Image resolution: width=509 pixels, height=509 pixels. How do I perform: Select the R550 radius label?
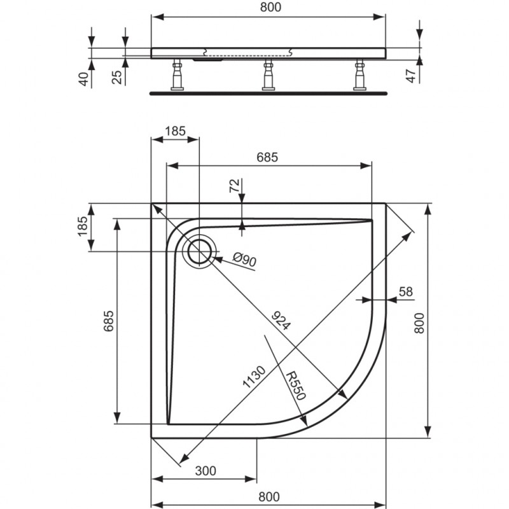pyautogui.click(x=296, y=386)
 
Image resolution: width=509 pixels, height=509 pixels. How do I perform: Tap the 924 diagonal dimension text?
pyautogui.click(x=281, y=321)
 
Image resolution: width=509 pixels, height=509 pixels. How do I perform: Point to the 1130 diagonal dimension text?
pyautogui.click(x=254, y=377)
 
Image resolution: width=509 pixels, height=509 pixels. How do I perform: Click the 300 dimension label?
pyautogui.click(x=206, y=470)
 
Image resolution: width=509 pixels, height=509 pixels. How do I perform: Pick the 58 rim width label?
pyautogui.click(x=406, y=291)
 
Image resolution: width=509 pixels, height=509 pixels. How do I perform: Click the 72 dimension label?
pyautogui.click(x=234, y=185)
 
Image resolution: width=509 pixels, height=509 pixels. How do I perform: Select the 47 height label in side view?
pyautogui.click(x=411, y=76)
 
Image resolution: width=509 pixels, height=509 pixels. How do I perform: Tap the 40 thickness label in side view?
pyautogui.click(x=84, y=79)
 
